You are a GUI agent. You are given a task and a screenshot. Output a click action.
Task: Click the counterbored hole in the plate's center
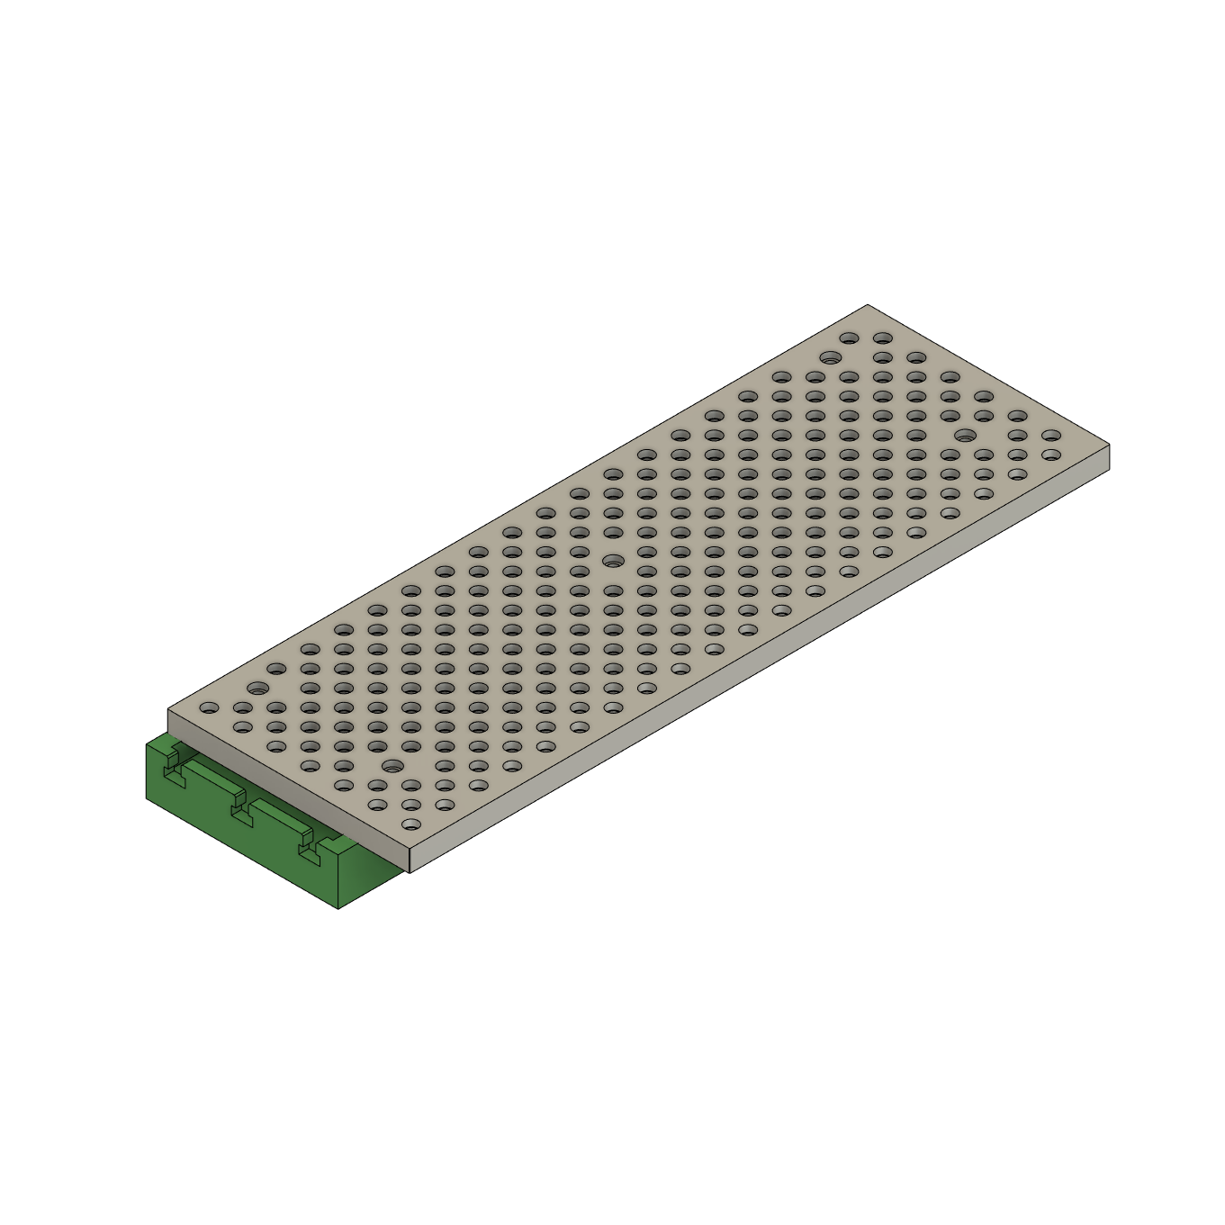click(612, 560)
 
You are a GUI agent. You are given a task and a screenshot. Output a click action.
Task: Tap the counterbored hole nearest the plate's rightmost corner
click(965, 436)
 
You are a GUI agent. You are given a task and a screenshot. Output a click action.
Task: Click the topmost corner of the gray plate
click(868, 305)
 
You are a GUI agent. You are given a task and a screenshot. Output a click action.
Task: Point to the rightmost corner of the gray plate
click(1109, 446)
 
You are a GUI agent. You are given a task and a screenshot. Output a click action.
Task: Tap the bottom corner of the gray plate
click(410, 871)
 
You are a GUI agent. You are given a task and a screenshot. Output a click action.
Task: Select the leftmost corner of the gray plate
click(168, 709)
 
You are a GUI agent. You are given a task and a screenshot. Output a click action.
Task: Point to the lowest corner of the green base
click(338, 909)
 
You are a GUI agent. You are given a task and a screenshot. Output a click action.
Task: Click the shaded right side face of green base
click(369, 878)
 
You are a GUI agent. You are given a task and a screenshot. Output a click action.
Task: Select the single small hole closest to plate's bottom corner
click(410, 824)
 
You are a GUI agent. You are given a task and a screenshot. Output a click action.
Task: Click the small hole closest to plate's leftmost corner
click(208, 707)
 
